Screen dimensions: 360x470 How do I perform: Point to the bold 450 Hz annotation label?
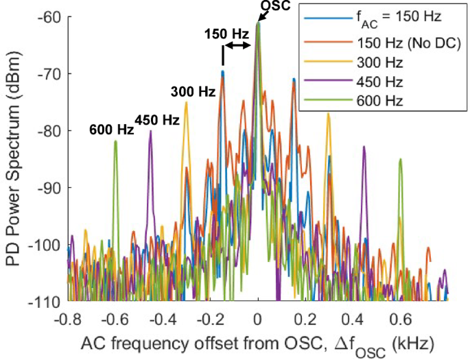click(157, 119)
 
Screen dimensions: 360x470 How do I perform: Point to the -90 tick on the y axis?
click(50, 187)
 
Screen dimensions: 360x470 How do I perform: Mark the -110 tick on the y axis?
click(47, 301)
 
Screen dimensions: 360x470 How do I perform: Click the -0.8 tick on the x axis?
click(69, 317)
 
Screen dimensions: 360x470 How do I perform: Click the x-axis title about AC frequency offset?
click(257, 343)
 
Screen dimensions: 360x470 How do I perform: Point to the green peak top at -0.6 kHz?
click(116, 141)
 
